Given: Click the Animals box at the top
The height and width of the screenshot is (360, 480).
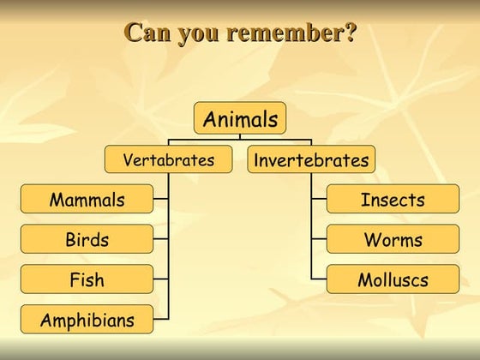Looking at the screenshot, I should [240, 118].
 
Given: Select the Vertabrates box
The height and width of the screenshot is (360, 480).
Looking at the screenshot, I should [168, 159].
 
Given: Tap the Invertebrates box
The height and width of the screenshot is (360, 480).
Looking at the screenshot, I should [311, 159].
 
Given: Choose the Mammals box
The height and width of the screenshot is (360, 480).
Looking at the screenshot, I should [87, 200].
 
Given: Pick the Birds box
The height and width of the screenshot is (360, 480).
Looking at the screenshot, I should [87, 239].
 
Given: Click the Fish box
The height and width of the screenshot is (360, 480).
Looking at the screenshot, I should [87, 279].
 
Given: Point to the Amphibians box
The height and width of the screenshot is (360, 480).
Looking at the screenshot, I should [87, 320].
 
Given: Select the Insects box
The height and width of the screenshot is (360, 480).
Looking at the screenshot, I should [393, 200].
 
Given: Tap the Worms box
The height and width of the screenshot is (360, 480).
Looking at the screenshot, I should [393, 239].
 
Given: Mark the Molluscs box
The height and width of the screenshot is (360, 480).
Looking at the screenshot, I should [393, 279].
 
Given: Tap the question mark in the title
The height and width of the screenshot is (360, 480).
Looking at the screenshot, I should [350, 33].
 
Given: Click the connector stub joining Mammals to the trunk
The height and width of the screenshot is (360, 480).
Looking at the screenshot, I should [161, 200].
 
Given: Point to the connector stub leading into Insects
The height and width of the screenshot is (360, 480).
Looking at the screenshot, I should [319, 200].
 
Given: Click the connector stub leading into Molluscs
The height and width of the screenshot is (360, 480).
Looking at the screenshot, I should [319, 279].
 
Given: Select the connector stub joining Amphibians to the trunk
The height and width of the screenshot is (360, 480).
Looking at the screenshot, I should [161, 320].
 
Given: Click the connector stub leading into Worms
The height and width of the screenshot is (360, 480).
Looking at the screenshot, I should [319, 239].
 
